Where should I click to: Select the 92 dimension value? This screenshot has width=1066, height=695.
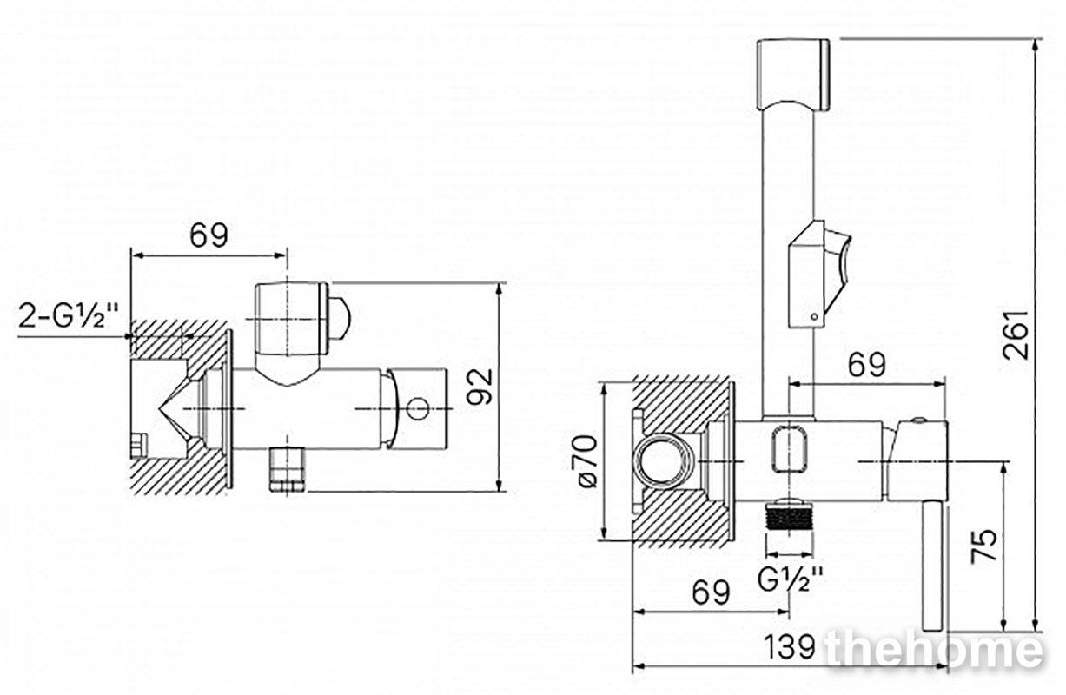tap(480, 386)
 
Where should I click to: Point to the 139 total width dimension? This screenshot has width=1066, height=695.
tap(790, 646)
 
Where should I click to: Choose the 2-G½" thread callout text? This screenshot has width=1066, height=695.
tap(68, 314)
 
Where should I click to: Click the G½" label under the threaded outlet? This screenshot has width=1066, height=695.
tap(790, 579)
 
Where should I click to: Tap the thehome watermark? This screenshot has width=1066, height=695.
tap(935, 648)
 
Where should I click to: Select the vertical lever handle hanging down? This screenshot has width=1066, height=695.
tap(933, 566)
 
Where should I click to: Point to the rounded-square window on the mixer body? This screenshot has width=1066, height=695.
tap(790, 449)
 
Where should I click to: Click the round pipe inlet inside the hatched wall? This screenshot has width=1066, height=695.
tap(662, 461)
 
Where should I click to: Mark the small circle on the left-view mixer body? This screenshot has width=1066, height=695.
tap(418, 409)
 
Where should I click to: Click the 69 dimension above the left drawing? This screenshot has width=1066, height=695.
tap(209, 235)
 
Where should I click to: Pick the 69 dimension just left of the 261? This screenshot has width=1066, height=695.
tap(866, 365)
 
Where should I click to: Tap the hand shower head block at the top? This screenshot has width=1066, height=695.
tap(793, 74)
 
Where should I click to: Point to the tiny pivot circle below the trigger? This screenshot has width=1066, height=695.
tap(814, 316)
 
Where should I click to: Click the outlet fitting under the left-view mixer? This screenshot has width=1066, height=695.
tap(287, 468)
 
